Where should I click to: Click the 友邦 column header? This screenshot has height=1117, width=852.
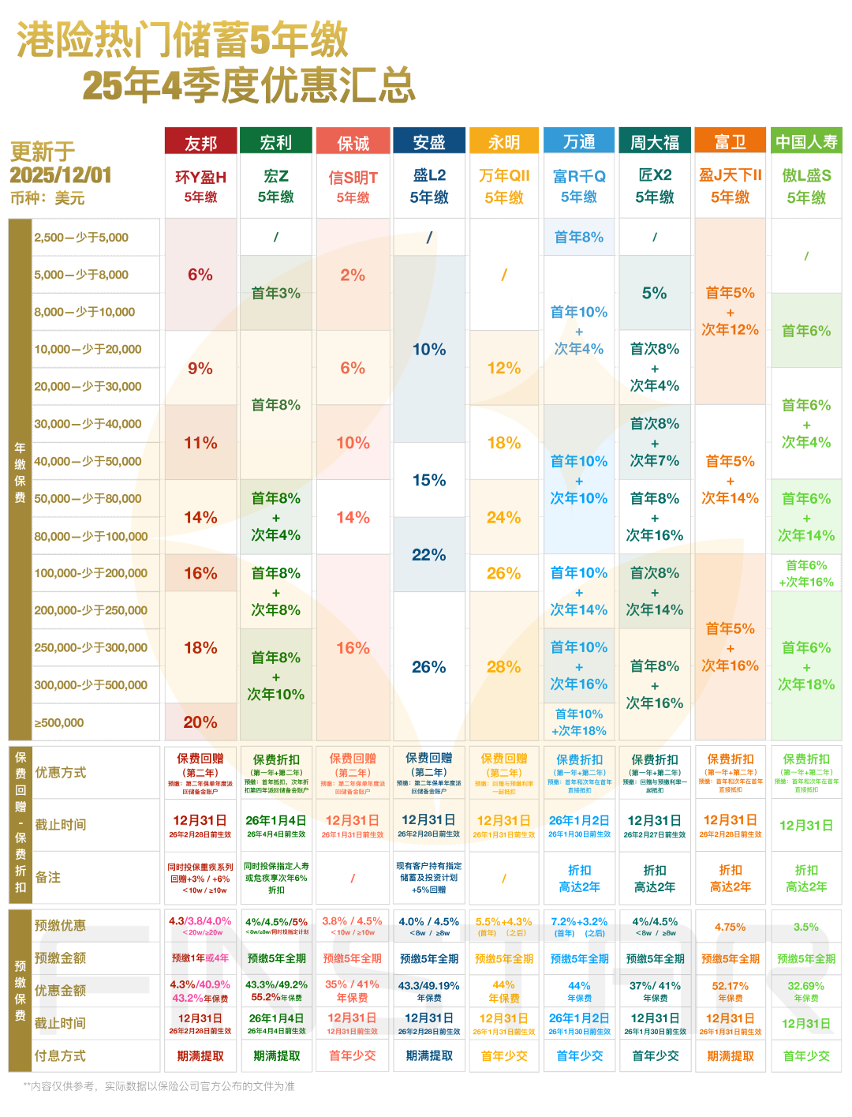coord(200,142)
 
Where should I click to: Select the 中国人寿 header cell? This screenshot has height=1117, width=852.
coord(806,142)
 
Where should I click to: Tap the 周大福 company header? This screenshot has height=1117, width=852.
coord(655,142)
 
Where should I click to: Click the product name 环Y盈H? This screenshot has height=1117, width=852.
coord(200,177)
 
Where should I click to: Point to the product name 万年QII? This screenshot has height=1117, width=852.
coord(504,176)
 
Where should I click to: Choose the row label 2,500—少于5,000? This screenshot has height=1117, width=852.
coord(81,238)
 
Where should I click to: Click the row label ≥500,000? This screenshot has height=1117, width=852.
coord(59,723)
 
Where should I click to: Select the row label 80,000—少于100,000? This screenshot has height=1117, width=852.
coord(91,537)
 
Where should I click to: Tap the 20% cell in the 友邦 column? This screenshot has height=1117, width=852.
coord(200,722)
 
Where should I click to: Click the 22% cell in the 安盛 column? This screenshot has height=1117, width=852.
coord(429,555)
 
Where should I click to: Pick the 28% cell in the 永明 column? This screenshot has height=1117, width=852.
coord(504,667)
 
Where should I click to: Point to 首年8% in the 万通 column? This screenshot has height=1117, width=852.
coord(579,237)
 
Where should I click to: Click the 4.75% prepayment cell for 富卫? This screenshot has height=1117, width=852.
coord(731,927)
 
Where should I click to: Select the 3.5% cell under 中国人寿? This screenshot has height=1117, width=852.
coord(806,927)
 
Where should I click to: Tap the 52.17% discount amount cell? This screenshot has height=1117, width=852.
coord(731,986)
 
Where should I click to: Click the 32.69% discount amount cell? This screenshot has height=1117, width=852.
coord(806,986)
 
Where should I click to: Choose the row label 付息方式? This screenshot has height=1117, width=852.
coord(60,1056)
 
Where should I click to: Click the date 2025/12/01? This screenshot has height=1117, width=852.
coord(61,175)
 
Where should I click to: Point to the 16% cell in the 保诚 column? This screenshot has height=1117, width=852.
coord(353,648)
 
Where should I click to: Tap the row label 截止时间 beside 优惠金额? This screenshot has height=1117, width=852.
coord(60,1024)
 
